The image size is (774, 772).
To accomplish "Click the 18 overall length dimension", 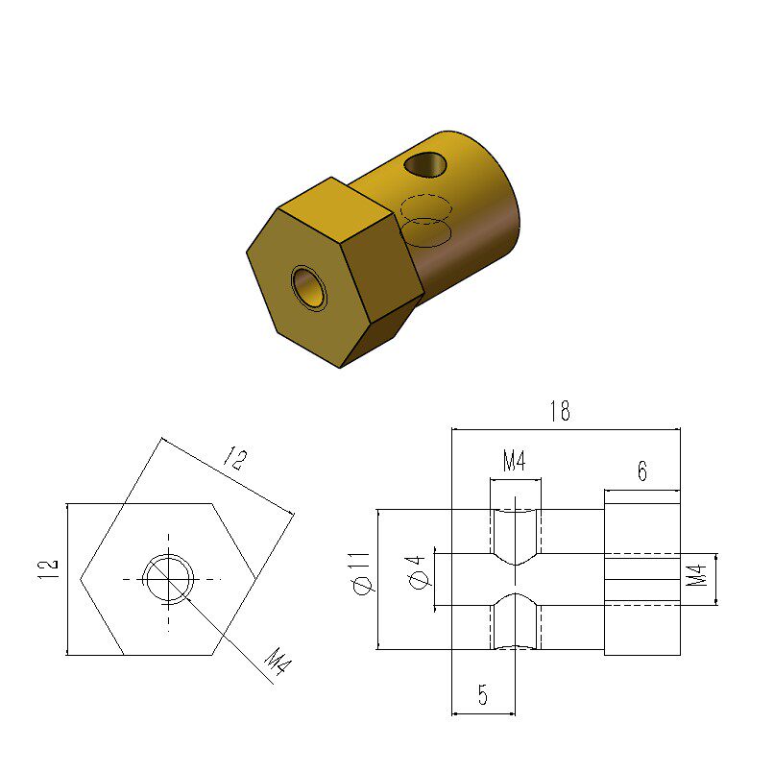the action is pyautogui.click(x=560, y=411).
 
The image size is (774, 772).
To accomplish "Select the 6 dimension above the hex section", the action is pyautogui.click(x=641, y=470).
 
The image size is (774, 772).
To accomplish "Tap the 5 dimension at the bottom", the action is pyautogui.click(x=483, y=694).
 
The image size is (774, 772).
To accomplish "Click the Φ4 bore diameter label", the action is pyautogui.click(x=417, y=572).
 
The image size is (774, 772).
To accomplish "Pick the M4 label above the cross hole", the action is pyautogui.click(x=514, y=461).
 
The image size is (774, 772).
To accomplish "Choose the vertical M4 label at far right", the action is pyautogui.click(x=697, y=575).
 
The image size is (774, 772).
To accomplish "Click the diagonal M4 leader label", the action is pyautogui.click(x=278, y=662).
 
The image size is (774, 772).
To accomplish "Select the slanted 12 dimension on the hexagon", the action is pyautogui.click(x=235, y=459).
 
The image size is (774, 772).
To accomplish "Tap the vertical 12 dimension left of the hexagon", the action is pyautogui.click(x=47, y=569).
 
